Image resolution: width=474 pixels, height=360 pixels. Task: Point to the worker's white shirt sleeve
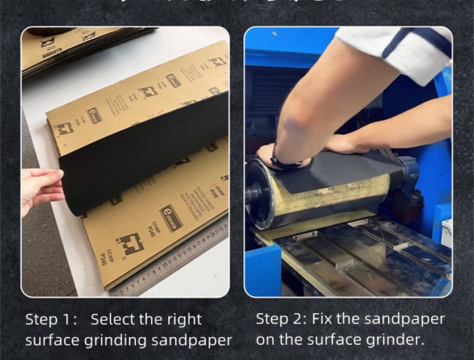coord(398,51)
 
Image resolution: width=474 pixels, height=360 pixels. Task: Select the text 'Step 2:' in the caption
coord(281,318)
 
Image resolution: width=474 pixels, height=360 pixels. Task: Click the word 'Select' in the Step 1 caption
coord(114,320)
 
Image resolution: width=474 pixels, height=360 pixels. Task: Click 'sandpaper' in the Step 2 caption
coord(406,319)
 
